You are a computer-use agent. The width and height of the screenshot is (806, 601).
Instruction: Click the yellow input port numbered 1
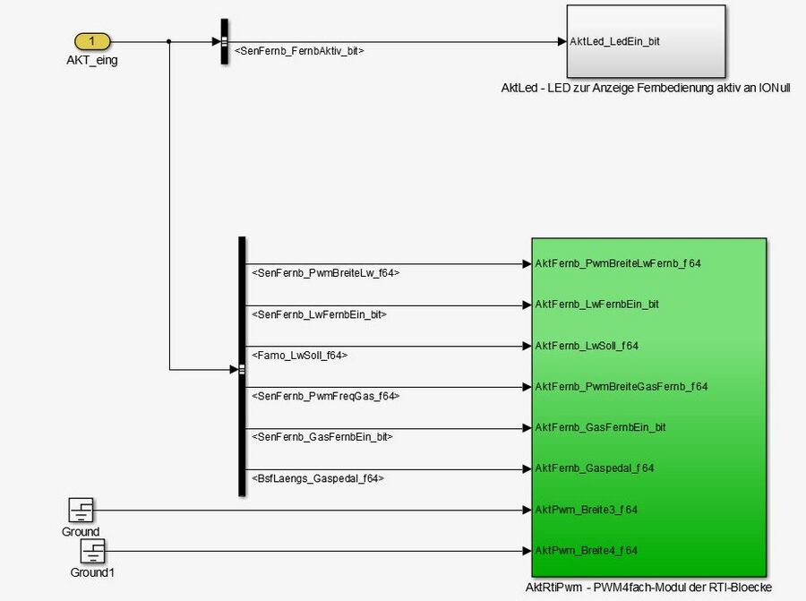pos(92,41)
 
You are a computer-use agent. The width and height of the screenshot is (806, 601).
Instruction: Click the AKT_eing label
pos(91,60)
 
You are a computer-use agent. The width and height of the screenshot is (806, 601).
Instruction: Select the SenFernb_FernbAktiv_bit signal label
pos(299,51)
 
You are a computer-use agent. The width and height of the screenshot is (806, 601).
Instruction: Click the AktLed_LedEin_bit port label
pos(615,41)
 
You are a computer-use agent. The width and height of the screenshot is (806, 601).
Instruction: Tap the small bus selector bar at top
pos(224,41)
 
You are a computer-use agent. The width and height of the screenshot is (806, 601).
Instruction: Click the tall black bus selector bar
pos(242,366)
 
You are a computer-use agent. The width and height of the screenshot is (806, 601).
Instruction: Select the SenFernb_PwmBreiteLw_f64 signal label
pos(326,272)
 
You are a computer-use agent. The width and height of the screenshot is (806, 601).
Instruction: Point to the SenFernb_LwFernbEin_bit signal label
pos(320,314)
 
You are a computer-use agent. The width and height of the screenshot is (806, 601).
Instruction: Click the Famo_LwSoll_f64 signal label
pos(300,356)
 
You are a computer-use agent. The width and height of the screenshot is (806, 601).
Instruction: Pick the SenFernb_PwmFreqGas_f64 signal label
pos(326,395)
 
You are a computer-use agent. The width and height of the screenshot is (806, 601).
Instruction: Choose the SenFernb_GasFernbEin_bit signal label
pos(322,437)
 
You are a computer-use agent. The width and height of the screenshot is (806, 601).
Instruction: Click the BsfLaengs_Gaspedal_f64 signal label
pos(318,478)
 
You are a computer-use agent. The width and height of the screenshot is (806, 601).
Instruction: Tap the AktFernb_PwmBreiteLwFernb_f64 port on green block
pos(617,264)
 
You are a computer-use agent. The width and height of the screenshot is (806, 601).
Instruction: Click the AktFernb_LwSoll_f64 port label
pos(587,346)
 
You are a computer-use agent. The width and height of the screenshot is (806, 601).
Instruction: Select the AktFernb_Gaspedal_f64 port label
pos(594,468)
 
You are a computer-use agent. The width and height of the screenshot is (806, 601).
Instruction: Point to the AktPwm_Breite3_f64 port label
pos(586,509)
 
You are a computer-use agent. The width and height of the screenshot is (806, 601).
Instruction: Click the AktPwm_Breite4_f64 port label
pos(586,550)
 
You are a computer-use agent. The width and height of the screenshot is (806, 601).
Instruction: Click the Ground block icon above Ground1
pos(81,511)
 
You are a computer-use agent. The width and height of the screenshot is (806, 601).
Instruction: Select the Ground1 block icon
pos(93,551)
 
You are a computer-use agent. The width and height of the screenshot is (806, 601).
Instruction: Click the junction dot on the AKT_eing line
pos(168,41)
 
